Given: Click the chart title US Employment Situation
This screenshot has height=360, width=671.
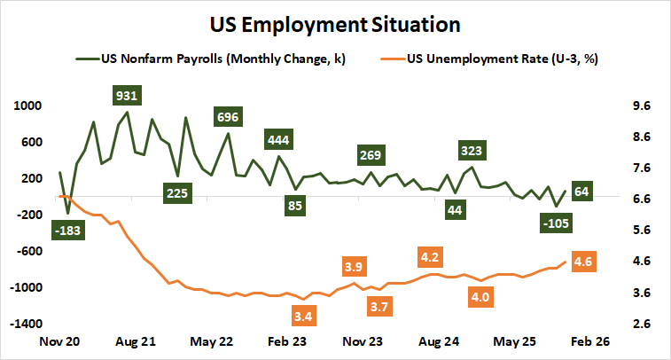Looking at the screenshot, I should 335,21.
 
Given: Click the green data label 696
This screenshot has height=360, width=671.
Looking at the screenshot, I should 228,116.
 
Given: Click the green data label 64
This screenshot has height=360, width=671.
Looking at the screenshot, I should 582,191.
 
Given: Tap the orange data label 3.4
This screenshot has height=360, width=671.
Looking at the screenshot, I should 303,315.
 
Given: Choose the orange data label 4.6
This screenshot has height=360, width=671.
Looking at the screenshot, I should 583,262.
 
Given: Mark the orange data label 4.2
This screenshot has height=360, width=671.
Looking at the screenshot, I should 430,257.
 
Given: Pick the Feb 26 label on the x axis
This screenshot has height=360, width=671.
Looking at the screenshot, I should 589,340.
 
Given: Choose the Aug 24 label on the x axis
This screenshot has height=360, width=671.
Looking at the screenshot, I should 438,340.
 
